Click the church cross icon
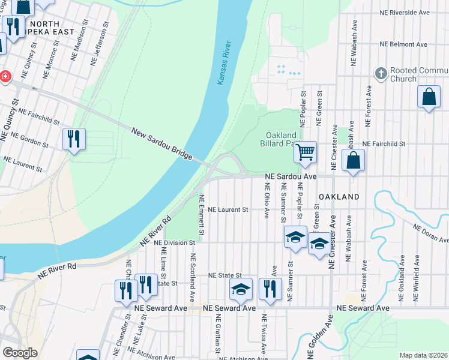pyautogui.click(x=380, y=74)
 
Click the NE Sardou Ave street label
pyautogui.click(x=291, y=177)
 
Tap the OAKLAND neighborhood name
pyautogui.click(x=339, y=197)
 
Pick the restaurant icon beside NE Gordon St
pyautogui.click(x=74, y=139)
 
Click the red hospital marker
pyautogui.click(x=5, y=76)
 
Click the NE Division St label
pyautogui.click(x=175, y=243)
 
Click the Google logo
pyautogui.click(x=20, y=353)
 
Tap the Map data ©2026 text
pyautogui.click(x=423, y=355)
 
